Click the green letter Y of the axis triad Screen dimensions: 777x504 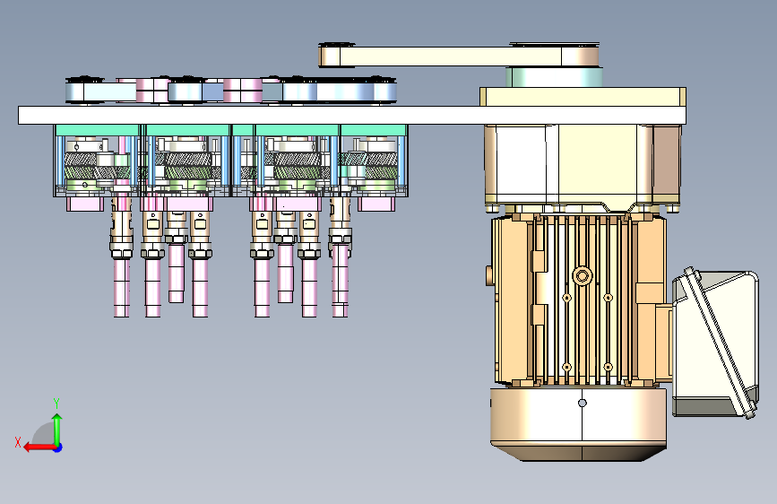coord(56,403)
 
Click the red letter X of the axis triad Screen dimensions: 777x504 coord(18,442)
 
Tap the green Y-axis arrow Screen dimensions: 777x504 coord(57,430)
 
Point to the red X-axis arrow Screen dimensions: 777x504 coord(40,448)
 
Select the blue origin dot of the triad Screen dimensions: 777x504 coord(58,448)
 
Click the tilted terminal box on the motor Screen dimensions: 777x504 coord(714,344)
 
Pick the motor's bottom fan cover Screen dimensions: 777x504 coord(578,424)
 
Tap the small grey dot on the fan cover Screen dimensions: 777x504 coord(583,404)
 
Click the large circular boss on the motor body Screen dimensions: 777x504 coord(583,276)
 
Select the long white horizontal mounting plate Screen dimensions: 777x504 coord(352,115)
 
